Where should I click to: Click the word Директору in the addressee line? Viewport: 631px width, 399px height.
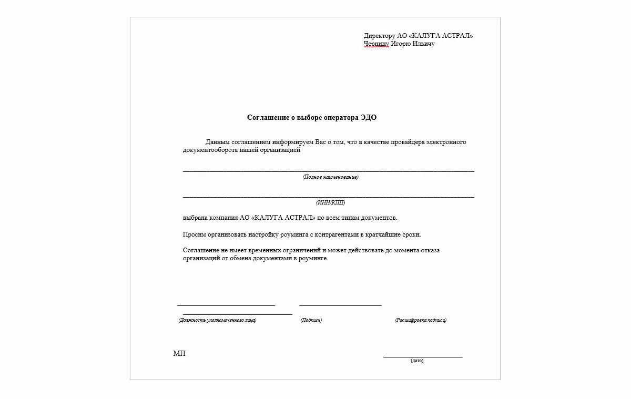pyautogui.click(x=379, y=36)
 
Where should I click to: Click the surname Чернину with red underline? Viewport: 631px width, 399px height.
pyautogui.click(x=376, y=44)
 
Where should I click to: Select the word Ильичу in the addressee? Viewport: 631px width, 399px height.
pyautogui.click(x=423, y=44)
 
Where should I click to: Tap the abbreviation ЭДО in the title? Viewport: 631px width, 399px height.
pyautogui.click(x=369, y=118)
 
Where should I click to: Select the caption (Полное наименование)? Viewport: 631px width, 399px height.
pyautogui.click(x=330, y=177)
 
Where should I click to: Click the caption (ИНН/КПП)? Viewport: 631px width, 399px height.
pyautogui.click(x=330, y=202)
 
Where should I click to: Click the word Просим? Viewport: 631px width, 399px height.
pyautogui.click(x=194, y=234)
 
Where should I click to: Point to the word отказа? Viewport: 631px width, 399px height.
pyautogui.click(x=430, y=250)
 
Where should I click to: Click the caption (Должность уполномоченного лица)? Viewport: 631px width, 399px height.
pyautogui.click(x=217, y=320)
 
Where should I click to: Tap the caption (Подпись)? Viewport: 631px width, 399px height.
pyautogui.click(x=311, y=320)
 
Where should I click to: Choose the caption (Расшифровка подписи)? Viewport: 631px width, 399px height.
pyautogui.click(x=421, y=320)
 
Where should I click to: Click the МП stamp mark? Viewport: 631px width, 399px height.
pyautogui.click(x=179, y=354)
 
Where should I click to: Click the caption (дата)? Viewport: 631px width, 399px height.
pyautogui.click(x=417, y=361)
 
